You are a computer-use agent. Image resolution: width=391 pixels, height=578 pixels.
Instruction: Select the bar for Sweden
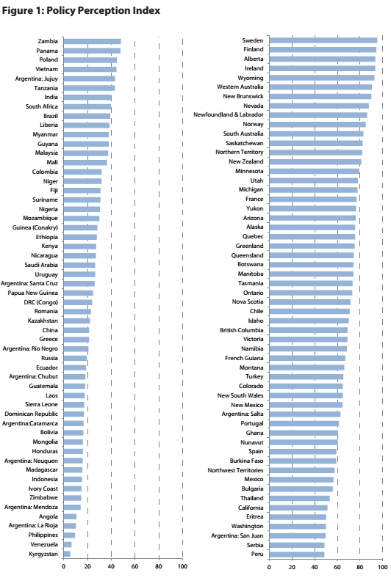click(x=323, y=40)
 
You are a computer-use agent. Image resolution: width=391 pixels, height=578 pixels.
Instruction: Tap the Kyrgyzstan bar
click(x=67, y=554)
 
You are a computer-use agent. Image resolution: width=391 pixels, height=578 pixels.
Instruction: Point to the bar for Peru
click(x=297, y=554)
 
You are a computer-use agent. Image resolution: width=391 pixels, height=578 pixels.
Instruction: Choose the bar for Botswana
click(x=311, y=264)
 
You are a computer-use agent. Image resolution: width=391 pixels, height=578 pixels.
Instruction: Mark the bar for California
click(x=298, y=508)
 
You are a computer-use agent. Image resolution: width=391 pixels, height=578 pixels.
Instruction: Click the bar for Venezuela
click(x=68, y=544)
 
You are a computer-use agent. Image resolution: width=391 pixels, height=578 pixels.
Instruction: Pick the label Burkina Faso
click(x=246, y=461)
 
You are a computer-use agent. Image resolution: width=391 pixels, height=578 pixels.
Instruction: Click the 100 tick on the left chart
click(x=182, y=566)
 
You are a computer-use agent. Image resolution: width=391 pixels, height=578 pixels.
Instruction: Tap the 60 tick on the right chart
click(x=337, y=566)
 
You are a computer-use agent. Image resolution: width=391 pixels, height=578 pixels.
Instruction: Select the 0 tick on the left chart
click(x=64, y=566)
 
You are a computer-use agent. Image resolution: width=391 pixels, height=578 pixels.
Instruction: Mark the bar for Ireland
click(x=322, y=68)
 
